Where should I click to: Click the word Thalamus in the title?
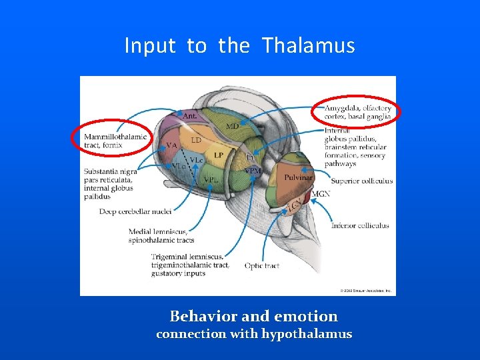click(x=308, y=46)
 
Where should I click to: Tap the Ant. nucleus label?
click(x=189, y=115)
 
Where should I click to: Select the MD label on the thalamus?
click(x=232, y=126)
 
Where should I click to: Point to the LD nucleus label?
click(x=196, y=141)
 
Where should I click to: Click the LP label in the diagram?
click(x=218, y=155)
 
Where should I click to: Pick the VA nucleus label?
click(x=171, y=145)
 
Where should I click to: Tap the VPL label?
click(x=211, y=180)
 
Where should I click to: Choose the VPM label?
click(x=253, y=171)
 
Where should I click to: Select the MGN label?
click(x=321, y=193)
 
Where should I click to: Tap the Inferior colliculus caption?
click(x=360, y=225)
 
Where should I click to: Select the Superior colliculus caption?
click(x=361, y=181)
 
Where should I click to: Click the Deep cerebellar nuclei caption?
click(x=135, y=211)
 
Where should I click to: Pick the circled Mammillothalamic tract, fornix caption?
click(x=115, y=141)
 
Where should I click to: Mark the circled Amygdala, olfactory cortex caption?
click(x=357, y=112)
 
